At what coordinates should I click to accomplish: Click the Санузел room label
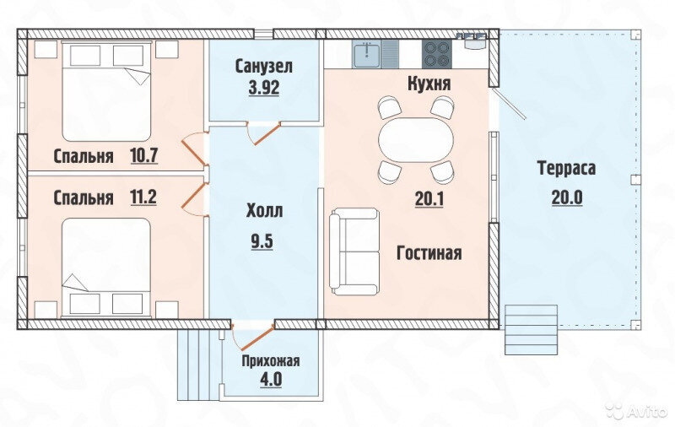click(264, 67)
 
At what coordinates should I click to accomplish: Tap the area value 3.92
click(264, 88)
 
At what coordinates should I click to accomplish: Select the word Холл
click(264, 211)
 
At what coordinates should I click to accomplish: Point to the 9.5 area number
click(262, 241)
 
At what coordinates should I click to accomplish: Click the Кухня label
click(429, 84)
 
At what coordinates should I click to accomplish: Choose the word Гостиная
click(429, 253)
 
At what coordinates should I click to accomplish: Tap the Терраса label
click(566, 168)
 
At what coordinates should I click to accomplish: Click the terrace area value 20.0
click(567, 198)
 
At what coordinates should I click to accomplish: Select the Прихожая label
click(270, 360)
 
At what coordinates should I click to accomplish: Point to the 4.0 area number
click(271, 380)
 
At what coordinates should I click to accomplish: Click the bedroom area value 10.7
click(144, 155)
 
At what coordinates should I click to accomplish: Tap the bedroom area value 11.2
click(143, 197)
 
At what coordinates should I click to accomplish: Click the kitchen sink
click(366, 54)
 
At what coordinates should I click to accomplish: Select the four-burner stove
click(437, 54)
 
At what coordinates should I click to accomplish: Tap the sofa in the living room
click(354, 251)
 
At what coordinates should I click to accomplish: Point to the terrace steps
click(532, 330)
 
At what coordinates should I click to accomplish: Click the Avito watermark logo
click(638, 410)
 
